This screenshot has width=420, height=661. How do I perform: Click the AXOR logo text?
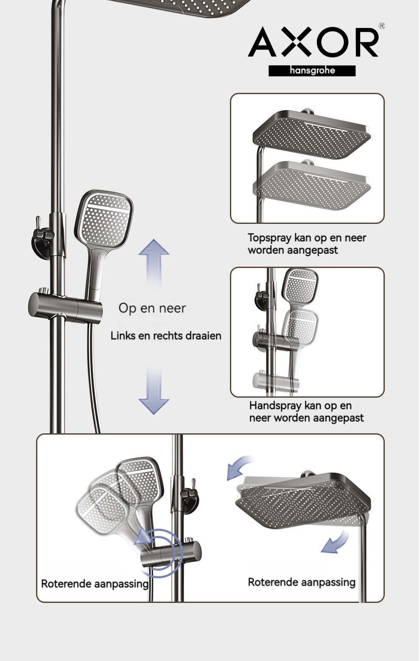coord(313,42)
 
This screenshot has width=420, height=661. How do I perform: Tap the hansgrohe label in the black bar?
coord(312,70)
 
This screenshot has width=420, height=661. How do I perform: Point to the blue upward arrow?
coord(154,264)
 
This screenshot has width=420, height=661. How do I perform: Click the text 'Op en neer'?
coord(152,308)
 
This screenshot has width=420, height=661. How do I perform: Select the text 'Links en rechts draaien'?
coord(166,336)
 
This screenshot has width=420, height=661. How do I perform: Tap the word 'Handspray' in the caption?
coord(276,406)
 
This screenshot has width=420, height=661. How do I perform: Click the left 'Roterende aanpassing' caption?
coord(95,584)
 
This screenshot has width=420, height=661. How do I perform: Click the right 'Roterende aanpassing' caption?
coord(302,582)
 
